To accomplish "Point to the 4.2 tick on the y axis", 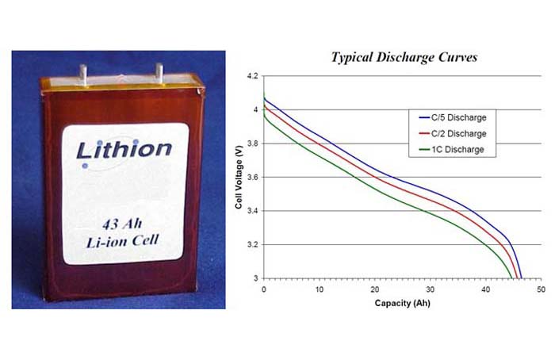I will pyautogui.click(x=252, y=76).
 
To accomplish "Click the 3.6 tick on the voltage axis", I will pyautogui.click(x=252, y=177).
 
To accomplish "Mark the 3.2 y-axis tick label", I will pyautogui.click(x=252, y=244).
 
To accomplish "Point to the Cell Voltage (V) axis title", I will pyautogui.click(x=239, y=177).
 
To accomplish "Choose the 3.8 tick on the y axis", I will pyautogui.click(x=252, y=144).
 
